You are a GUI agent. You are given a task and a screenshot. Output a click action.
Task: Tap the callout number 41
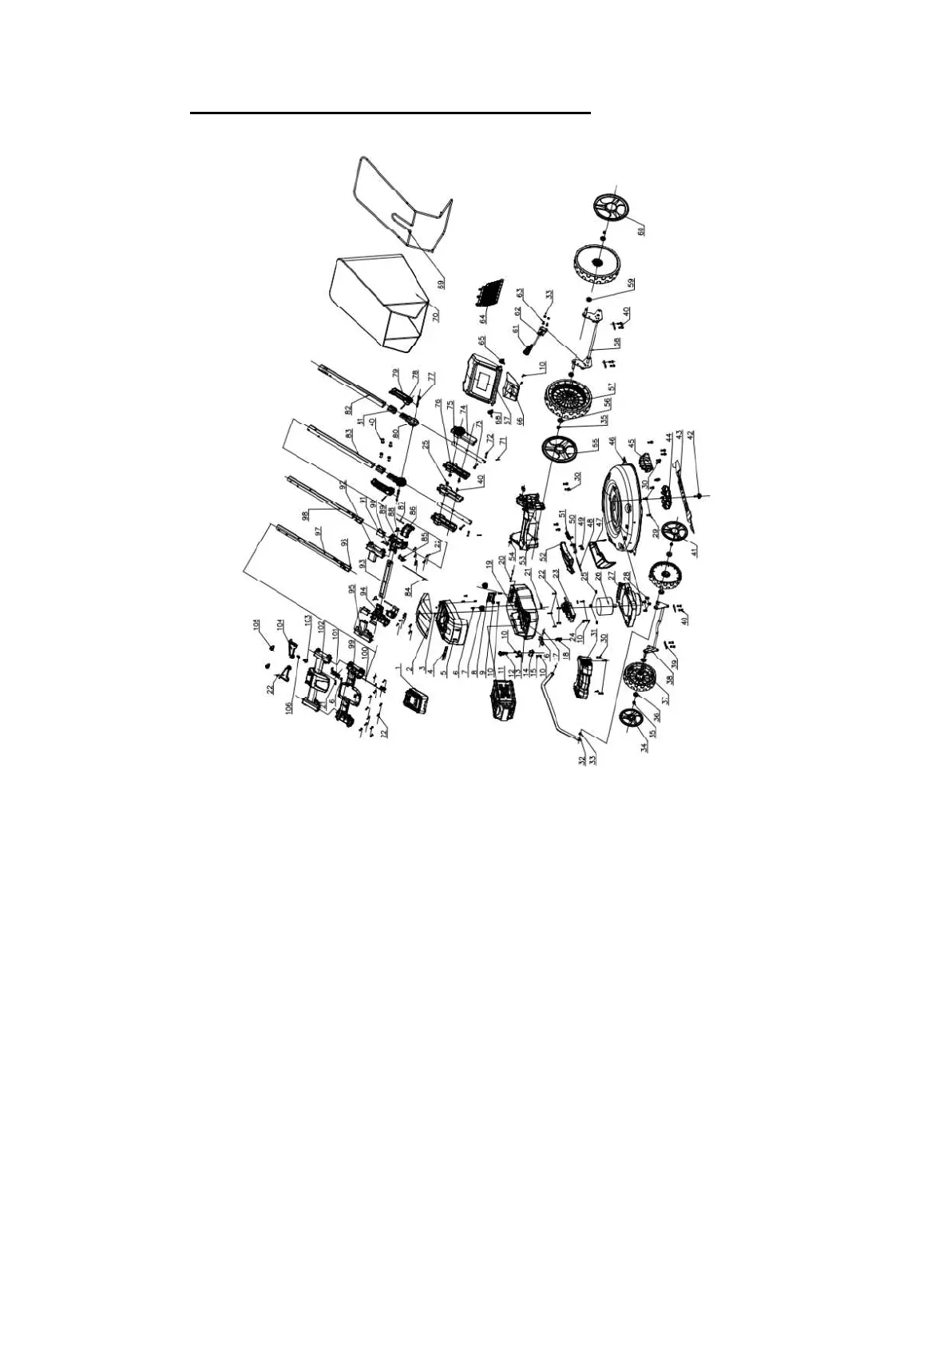tap(693, 551)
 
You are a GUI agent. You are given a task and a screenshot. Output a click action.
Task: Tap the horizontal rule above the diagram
tap(390, 113)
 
